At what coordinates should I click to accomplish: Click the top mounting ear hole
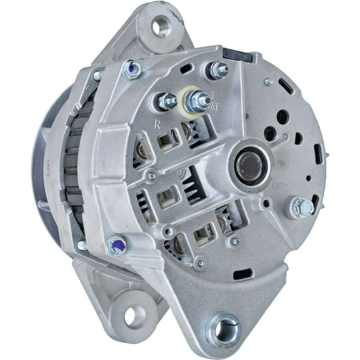coord(162,26)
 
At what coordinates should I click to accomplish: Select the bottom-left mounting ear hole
coord(134,316)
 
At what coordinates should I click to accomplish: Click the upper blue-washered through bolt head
coord(132,69)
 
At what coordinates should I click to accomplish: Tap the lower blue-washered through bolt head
coord(114,246)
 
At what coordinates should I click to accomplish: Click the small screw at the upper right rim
coord(268,81)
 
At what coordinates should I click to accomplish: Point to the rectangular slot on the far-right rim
coord(319,152)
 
